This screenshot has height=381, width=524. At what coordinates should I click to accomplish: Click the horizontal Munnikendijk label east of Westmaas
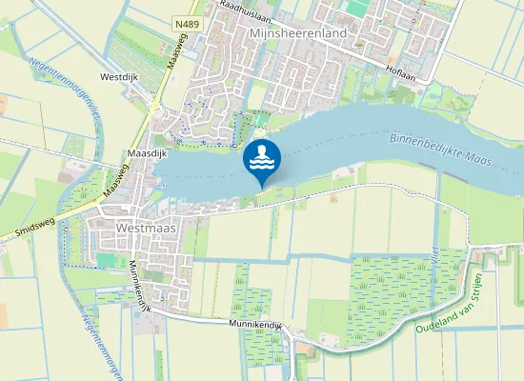pyautogui.click(x=257, y=325)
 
